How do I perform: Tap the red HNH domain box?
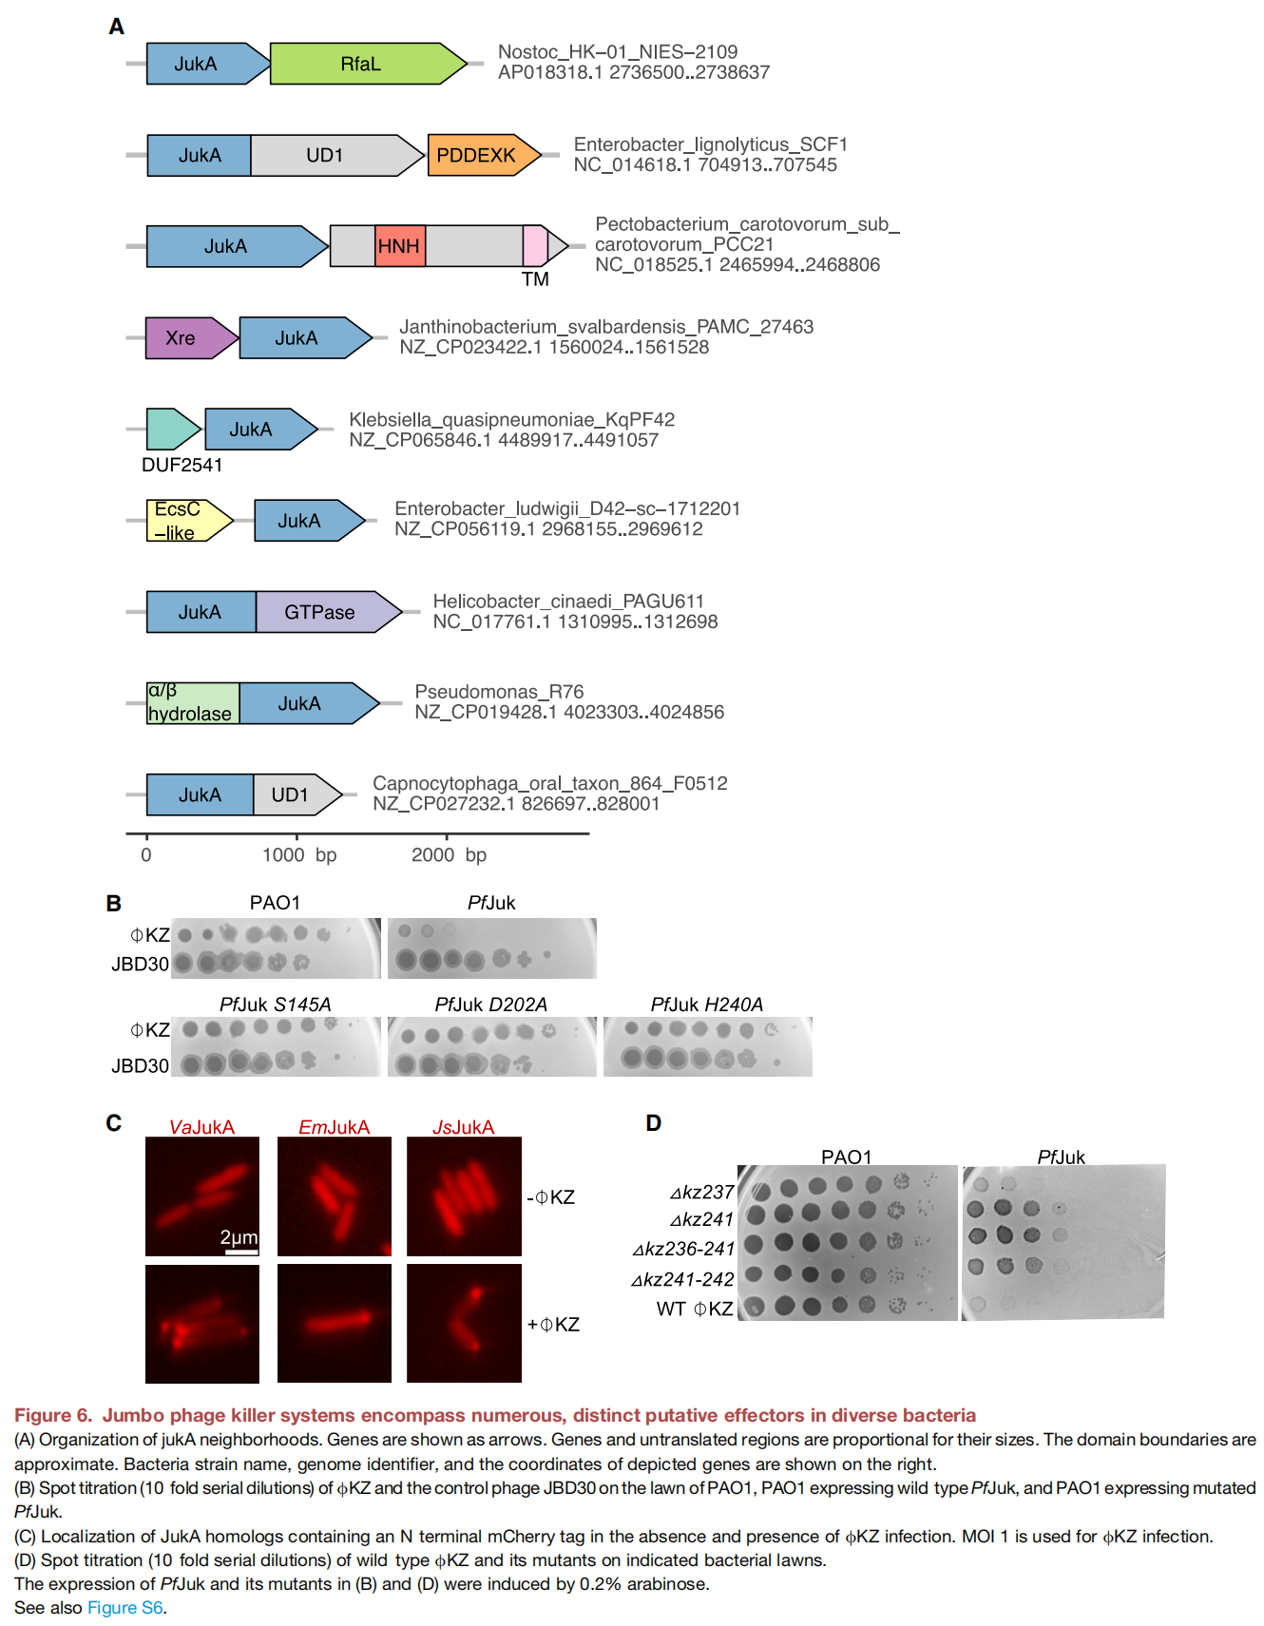click(x=400, y=246)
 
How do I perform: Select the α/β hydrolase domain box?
click(x=192, y=703)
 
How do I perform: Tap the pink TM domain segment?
click(x=535, y=246)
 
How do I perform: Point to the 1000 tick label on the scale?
click(x=283, y=855)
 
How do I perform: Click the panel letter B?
click(x=114, y=904)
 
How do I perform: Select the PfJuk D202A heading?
click(x=491, y=1004)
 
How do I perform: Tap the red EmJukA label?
click(x=334, y=1127)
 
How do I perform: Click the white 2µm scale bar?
click(x=241, y=1252)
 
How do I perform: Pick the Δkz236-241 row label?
click(x=683, y=1249)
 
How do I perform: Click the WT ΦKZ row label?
click(x=695, y=1309)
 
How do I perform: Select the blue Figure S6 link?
click(x=125, y=1608)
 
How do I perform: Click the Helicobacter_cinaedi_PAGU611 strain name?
click(x=568, y=602)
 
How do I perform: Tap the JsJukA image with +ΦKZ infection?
click(x=464, y=1323)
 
